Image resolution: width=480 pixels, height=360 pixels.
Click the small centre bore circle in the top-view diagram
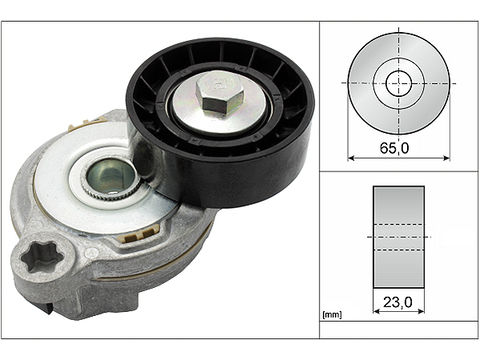tap(398, 82)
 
